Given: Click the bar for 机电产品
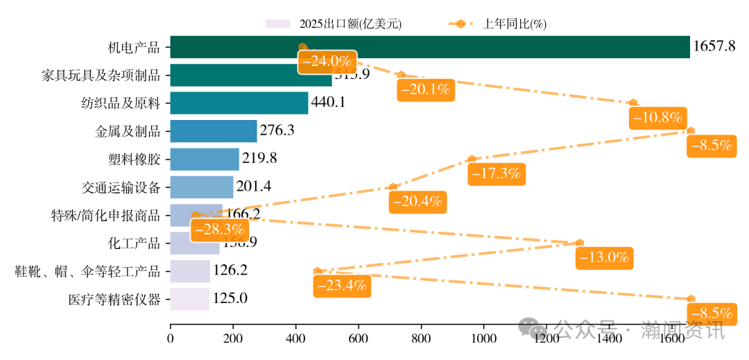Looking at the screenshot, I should pos(430,47).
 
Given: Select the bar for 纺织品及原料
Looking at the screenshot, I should pos(239,103).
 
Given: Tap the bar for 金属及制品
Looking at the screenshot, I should pos(213,131).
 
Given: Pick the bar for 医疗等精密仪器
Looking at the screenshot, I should pos(189,299).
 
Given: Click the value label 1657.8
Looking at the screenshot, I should pos(714,47).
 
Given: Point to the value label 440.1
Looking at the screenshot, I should pos(328,103).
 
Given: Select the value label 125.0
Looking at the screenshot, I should pos(230,299).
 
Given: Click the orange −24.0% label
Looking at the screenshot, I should pos(327,61).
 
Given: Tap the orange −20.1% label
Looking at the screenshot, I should pos(425,89).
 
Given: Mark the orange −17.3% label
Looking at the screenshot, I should pos(497,173).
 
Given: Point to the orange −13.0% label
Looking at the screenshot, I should pos(605,257).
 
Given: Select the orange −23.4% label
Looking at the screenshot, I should pos(342,285).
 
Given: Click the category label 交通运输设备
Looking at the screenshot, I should pos(121,187).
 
